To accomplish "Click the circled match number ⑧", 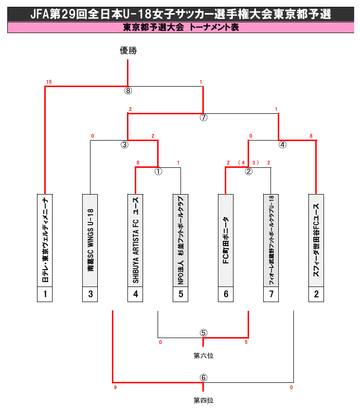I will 128,90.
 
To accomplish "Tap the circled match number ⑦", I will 203,117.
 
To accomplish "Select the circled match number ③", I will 125,144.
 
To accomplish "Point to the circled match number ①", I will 158,171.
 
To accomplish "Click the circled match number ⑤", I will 203,333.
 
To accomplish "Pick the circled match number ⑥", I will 203,378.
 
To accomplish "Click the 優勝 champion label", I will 128,50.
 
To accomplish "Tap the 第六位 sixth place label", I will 203,356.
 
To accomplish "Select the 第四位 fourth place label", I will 203,401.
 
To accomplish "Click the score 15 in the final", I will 49,82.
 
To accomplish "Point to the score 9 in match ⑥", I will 115,388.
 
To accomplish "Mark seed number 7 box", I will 271,294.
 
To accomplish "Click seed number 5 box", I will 180,294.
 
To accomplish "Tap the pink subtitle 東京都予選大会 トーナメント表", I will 180,28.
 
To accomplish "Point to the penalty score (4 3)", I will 248,162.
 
